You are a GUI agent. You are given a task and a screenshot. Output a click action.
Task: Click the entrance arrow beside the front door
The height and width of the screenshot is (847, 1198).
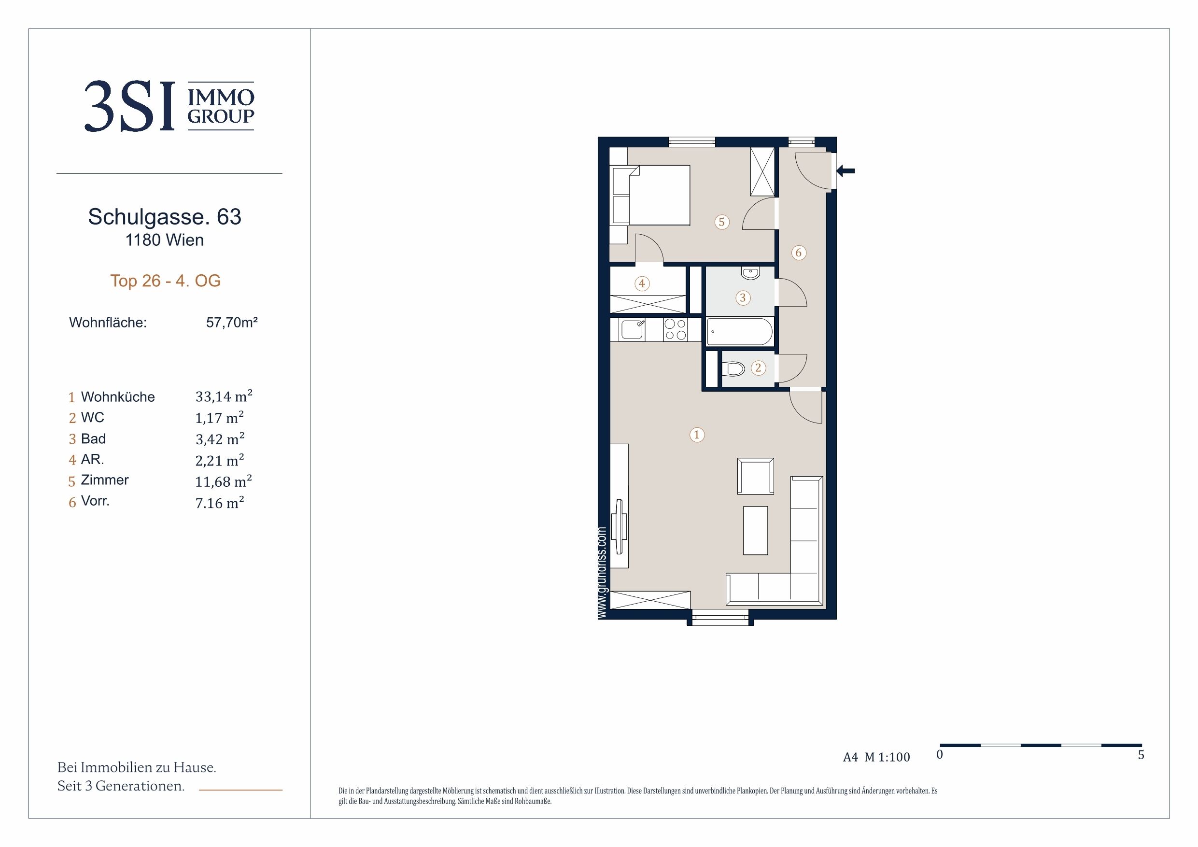[846, 170]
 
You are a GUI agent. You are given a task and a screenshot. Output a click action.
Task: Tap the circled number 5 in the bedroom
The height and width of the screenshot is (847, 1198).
[721, 222]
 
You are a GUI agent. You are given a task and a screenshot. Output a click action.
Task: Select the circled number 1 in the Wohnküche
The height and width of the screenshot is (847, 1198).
[697, 435]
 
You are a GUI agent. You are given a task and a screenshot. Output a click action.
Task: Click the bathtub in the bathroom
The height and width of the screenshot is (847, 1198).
[740, 332]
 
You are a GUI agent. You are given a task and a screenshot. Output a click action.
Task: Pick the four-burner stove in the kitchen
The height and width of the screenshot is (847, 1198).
[675, 330]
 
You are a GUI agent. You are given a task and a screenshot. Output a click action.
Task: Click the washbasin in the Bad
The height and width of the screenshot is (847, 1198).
[750, 273]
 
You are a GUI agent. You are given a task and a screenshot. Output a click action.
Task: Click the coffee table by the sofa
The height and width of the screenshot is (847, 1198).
[756, 530]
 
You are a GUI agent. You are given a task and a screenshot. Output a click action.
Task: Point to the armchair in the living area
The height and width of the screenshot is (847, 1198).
[755, 476]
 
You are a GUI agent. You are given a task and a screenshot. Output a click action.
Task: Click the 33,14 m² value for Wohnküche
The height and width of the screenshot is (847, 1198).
[224, 396]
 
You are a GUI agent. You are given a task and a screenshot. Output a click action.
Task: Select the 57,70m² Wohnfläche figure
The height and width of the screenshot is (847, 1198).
[232, 323]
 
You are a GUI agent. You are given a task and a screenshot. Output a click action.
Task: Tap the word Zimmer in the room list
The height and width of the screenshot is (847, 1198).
[104, 480]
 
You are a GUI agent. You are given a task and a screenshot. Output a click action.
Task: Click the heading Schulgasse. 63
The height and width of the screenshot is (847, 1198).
[164, 216]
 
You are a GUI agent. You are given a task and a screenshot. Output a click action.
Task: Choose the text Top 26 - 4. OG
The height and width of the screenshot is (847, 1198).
[166, 281]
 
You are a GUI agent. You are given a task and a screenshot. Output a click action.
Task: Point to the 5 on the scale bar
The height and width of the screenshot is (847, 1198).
[1141, 755]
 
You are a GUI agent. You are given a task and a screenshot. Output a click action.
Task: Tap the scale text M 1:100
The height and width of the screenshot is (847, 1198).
[887, 757]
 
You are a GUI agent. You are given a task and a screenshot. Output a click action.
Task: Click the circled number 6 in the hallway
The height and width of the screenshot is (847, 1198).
[798, 253]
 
